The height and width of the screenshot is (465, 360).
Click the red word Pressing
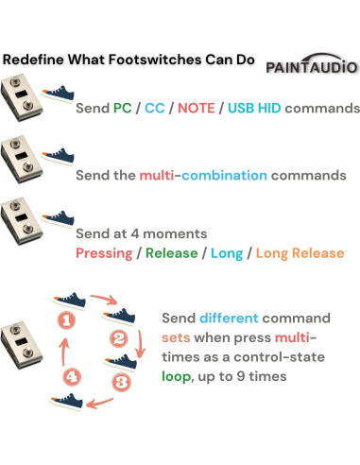(x=106, y=253)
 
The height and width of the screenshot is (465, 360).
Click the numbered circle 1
(x=66, y=320)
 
